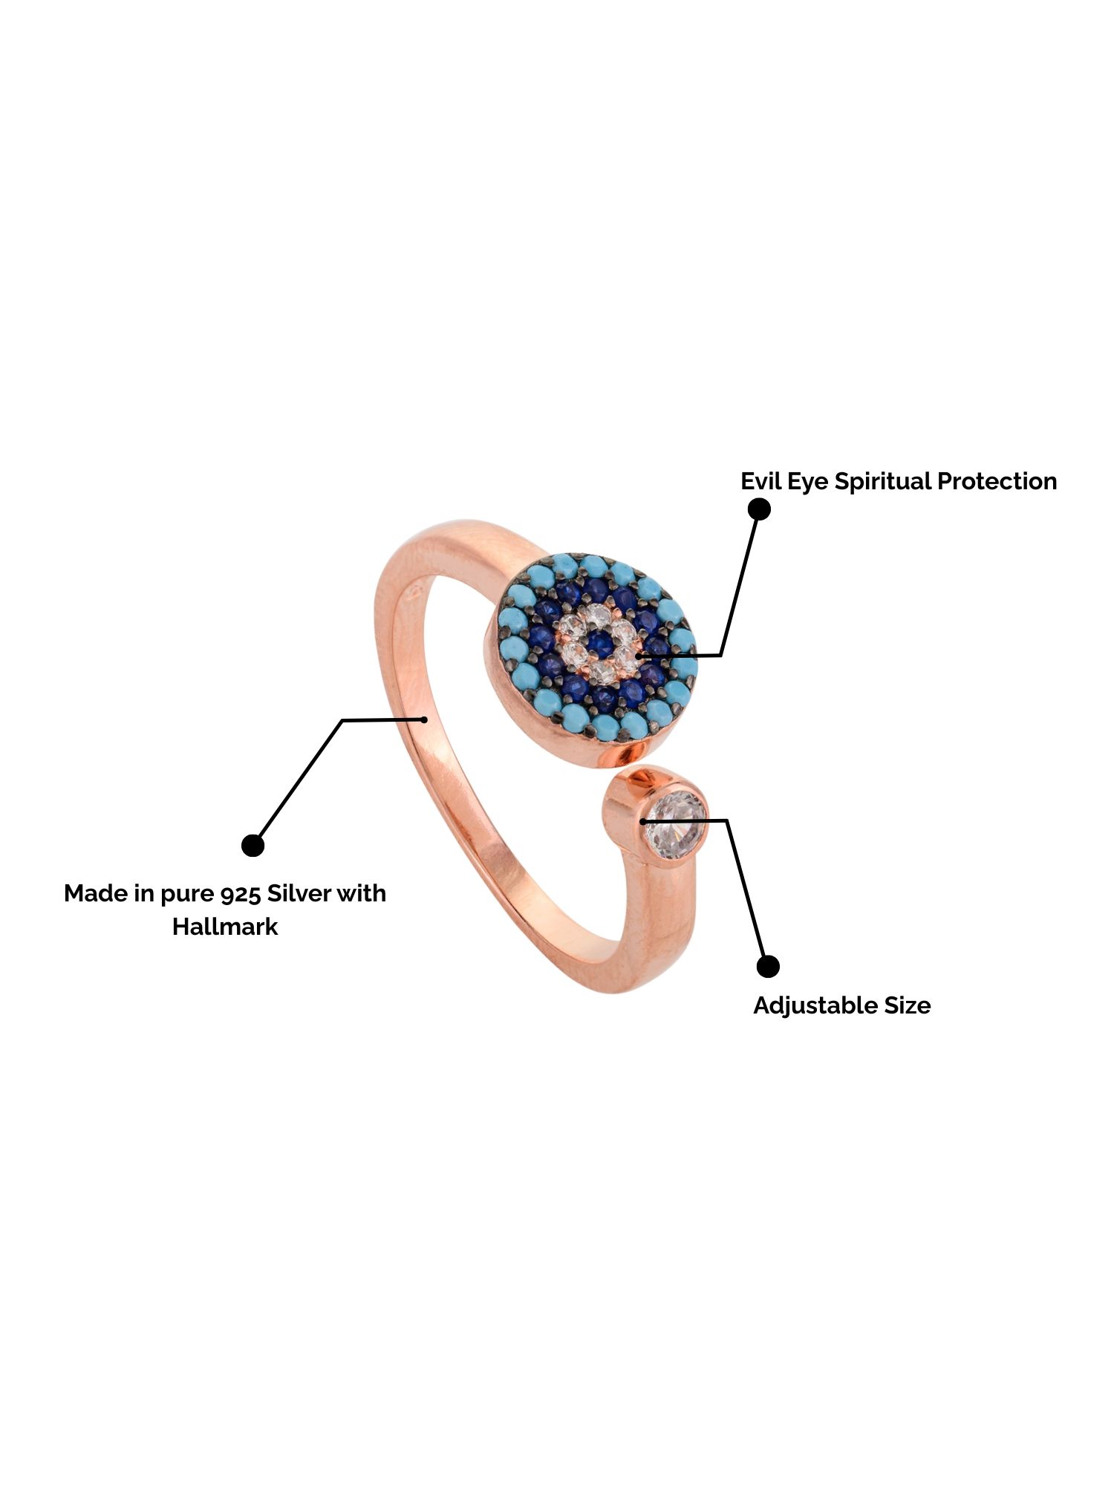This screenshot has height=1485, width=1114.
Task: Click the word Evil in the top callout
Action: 761,481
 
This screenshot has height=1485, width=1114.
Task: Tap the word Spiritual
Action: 882,481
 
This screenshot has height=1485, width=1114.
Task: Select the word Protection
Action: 997,481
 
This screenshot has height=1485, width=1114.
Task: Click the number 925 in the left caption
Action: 241,893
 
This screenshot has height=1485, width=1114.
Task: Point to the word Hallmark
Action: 225,927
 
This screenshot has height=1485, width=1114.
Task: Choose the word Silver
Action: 299,893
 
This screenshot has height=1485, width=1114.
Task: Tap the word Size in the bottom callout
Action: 907,1005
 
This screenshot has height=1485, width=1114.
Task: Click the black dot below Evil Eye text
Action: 759,509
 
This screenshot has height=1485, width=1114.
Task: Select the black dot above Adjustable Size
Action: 768,966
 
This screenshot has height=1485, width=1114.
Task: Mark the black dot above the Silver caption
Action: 253,845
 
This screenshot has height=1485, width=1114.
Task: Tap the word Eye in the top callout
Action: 808,482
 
